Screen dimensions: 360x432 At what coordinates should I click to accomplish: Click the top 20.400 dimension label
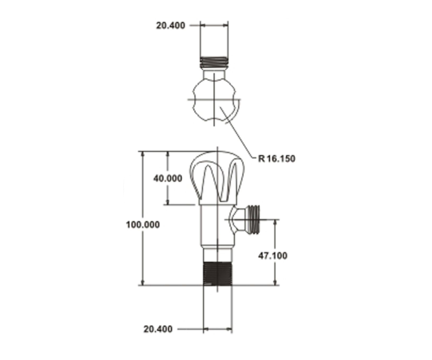click(170, 26)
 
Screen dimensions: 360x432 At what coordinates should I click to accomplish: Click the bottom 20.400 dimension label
click(158, 329)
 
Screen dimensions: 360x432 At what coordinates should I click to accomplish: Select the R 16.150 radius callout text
click(277, 159)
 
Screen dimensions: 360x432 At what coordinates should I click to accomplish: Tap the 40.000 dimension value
click(168, 178)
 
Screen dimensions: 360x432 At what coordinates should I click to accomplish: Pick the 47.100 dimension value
click(273, 256)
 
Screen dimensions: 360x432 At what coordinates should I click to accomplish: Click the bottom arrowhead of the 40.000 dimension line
click(168, 202)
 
